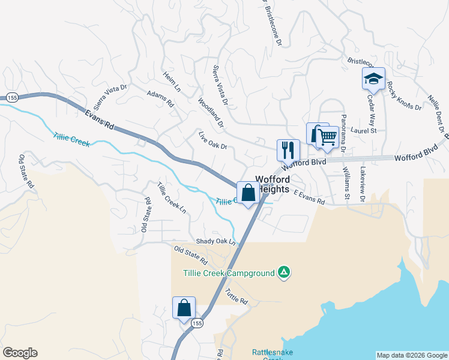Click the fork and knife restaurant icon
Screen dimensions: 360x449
tap(288, 149)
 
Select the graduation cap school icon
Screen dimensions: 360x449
tap(373, 79)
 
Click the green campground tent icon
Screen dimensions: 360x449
tap(284, 273)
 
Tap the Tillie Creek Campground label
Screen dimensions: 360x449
tap(229, 274)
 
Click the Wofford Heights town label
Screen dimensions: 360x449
tap(273, 184)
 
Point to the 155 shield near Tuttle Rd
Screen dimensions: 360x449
tap(197, 323)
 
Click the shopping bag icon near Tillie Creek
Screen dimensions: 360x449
tap(249, 193)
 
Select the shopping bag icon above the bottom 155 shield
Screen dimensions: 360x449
tap(184, 308)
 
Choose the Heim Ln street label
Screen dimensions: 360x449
tap(172, 82)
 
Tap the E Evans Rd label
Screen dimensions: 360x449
tap(309, 197)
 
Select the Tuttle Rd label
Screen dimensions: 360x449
tap(237, 296)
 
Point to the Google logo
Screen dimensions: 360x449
tap(20, 353)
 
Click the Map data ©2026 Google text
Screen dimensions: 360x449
tap(411, 355)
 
